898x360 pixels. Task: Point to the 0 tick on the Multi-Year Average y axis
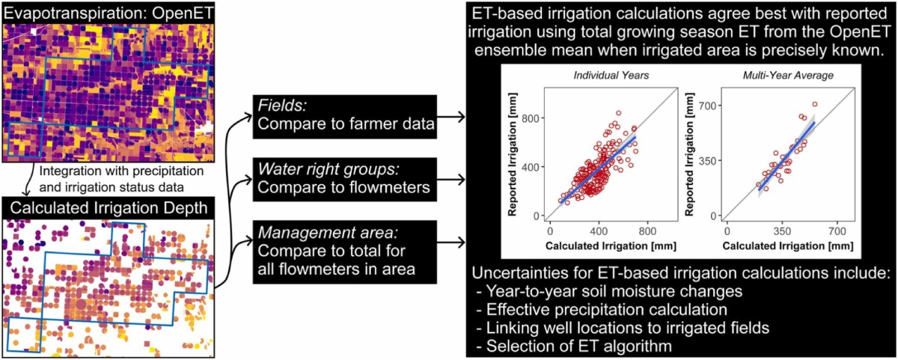(716, 216)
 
